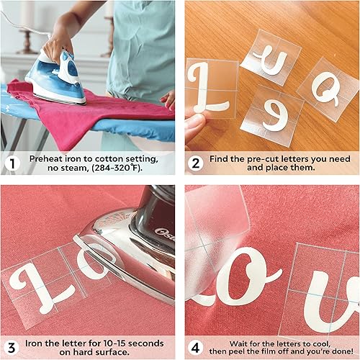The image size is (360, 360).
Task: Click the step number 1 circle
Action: tap(11, 163)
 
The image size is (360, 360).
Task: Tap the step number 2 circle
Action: tap(195, 163)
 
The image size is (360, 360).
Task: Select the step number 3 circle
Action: tap(11, 348)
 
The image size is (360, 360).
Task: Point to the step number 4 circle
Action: tap(195, 348)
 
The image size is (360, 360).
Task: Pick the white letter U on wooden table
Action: tap(273, 60)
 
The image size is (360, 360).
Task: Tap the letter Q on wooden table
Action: tap(328, 91)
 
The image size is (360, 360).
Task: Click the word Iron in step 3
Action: tap(37, 343)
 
